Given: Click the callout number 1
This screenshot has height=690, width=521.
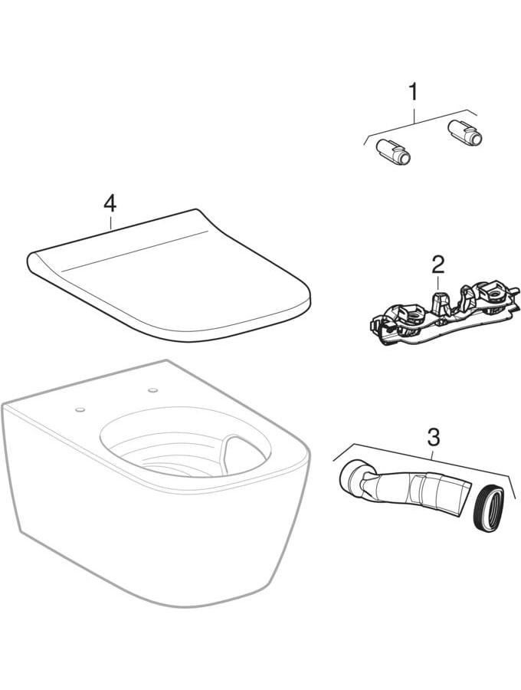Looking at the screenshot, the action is coord(412,93).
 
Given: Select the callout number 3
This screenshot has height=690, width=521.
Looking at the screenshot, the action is coord(433,436).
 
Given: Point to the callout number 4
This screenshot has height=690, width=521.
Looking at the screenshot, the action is coord(110,204).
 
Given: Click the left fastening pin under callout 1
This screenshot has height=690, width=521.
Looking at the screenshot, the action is coord(393,153).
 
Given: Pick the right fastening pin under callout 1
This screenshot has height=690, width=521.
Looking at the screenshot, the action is coord(464,133).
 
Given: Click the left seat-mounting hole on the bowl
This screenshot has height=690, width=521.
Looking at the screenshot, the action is coord(80,409).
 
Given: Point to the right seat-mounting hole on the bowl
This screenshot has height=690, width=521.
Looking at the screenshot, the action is coord(153,390).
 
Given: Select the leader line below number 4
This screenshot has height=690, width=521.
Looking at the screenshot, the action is coord(110,221).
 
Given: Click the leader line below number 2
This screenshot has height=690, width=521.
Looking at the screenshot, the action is coord(438,282).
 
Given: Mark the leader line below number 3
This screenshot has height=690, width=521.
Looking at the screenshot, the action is coord(433,453).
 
